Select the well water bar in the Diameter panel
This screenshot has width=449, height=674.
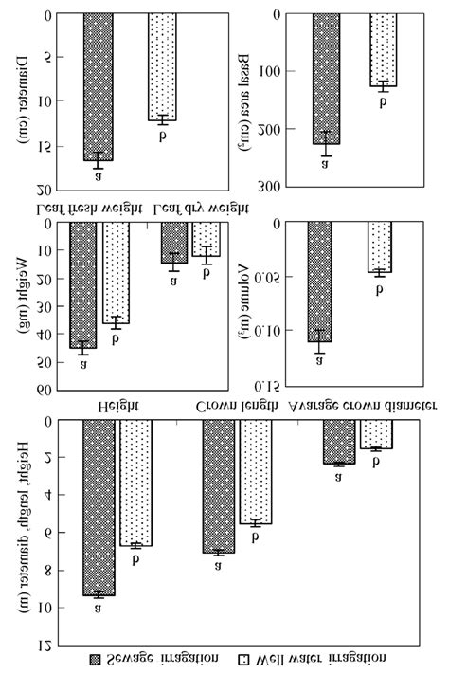162,66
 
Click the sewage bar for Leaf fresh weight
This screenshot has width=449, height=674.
83,285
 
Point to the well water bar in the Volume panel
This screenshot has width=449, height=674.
379,247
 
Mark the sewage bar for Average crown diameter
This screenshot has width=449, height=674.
339,442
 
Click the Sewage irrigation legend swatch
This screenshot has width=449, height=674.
94,657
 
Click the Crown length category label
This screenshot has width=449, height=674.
236,406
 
